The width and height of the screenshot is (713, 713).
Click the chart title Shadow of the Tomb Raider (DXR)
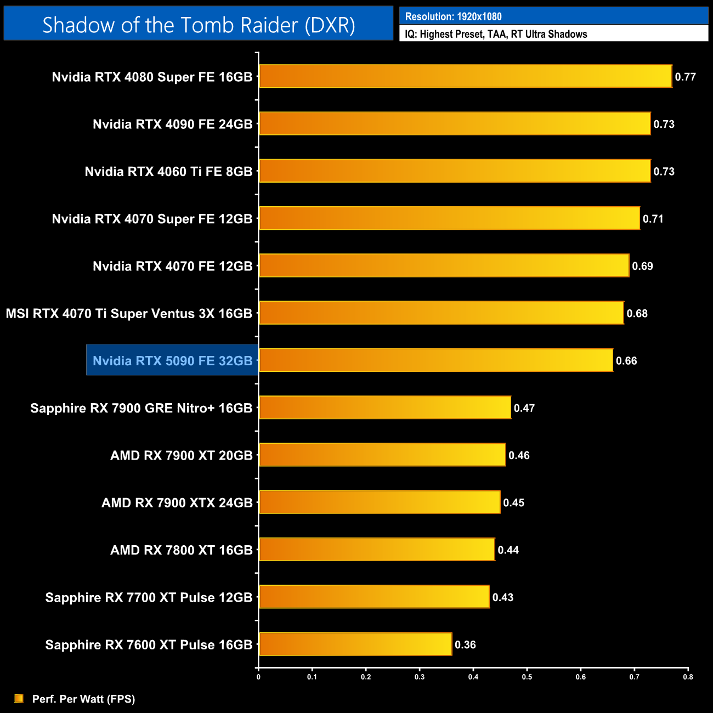tap(199, 25)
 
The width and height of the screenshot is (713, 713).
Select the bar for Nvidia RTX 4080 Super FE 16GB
tap(465, 76)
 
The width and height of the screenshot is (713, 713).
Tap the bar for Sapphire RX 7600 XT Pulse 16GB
tap(355, 644)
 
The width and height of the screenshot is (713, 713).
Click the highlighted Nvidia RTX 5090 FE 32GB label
tap(172, 360)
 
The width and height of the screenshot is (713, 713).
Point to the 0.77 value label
tap(685, 77)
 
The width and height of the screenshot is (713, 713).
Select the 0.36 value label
tap(465, 644)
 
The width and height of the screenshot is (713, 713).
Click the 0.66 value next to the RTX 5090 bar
tap(626, 361)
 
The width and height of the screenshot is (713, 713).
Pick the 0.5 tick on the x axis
tap(527, 677)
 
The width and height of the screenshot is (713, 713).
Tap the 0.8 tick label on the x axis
tap(688, 677)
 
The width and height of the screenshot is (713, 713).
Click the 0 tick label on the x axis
tap(258, 677)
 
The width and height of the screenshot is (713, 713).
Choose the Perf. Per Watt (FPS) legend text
tap(83, 699)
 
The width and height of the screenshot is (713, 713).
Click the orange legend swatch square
tap(19, 698)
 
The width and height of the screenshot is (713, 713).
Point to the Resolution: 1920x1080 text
tap(453, 16)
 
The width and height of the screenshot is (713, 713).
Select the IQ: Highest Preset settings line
tap(496, 34)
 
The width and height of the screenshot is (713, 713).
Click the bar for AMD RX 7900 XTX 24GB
tap(380, 502)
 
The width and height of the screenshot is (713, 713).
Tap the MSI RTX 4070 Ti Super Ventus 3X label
tap(129, 313)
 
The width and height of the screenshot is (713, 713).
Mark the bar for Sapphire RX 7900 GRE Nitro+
tap(384, 408)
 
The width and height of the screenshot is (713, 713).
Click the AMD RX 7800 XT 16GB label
tap(181, 550)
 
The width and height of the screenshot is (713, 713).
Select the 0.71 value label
tap(653, 219)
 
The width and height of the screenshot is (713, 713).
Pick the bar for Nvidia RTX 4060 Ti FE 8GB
tap(455, 171)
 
